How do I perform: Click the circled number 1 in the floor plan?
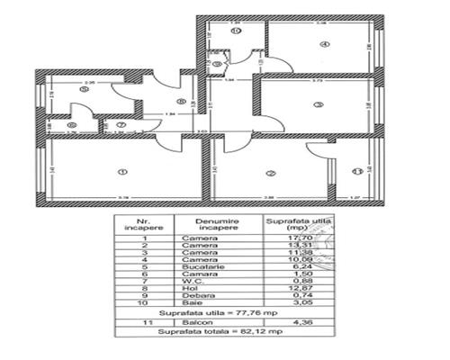coord(123,173)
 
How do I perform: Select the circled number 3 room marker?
coord(318,105)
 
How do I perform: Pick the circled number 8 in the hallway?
coord(182,101)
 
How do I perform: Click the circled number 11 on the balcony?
coord(356,171)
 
